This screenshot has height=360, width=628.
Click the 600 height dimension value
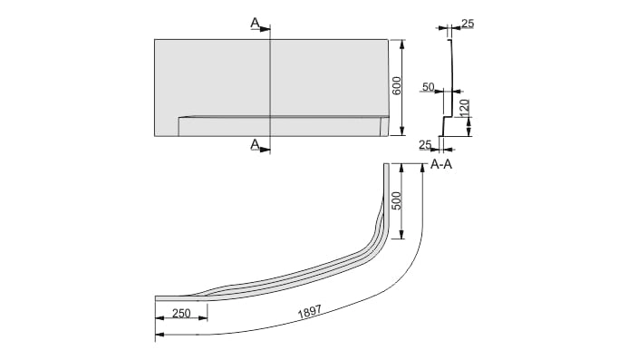pyautogui.click(x=396, y=86)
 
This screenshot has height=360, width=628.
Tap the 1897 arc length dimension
pyautogui.click(x=310, y=312)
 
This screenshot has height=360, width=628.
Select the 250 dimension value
pyautogui.click(x=181, y=313)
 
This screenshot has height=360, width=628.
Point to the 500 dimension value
pyautogui.click(x=396, y=200)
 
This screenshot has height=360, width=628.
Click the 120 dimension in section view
pyautogui.click(x=464, y=108)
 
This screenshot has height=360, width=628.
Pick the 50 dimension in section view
pyautogui.click(x=429, y=86)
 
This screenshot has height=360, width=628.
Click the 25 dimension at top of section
pyautogui.click(x=468, y=24)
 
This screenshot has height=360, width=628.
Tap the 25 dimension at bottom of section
pyautogui.click(x=425, y=144)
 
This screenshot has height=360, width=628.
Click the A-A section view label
pyautogui.click(x=441, y=164)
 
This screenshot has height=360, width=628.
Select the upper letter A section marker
pyautogui.click(x=255, y=24)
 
